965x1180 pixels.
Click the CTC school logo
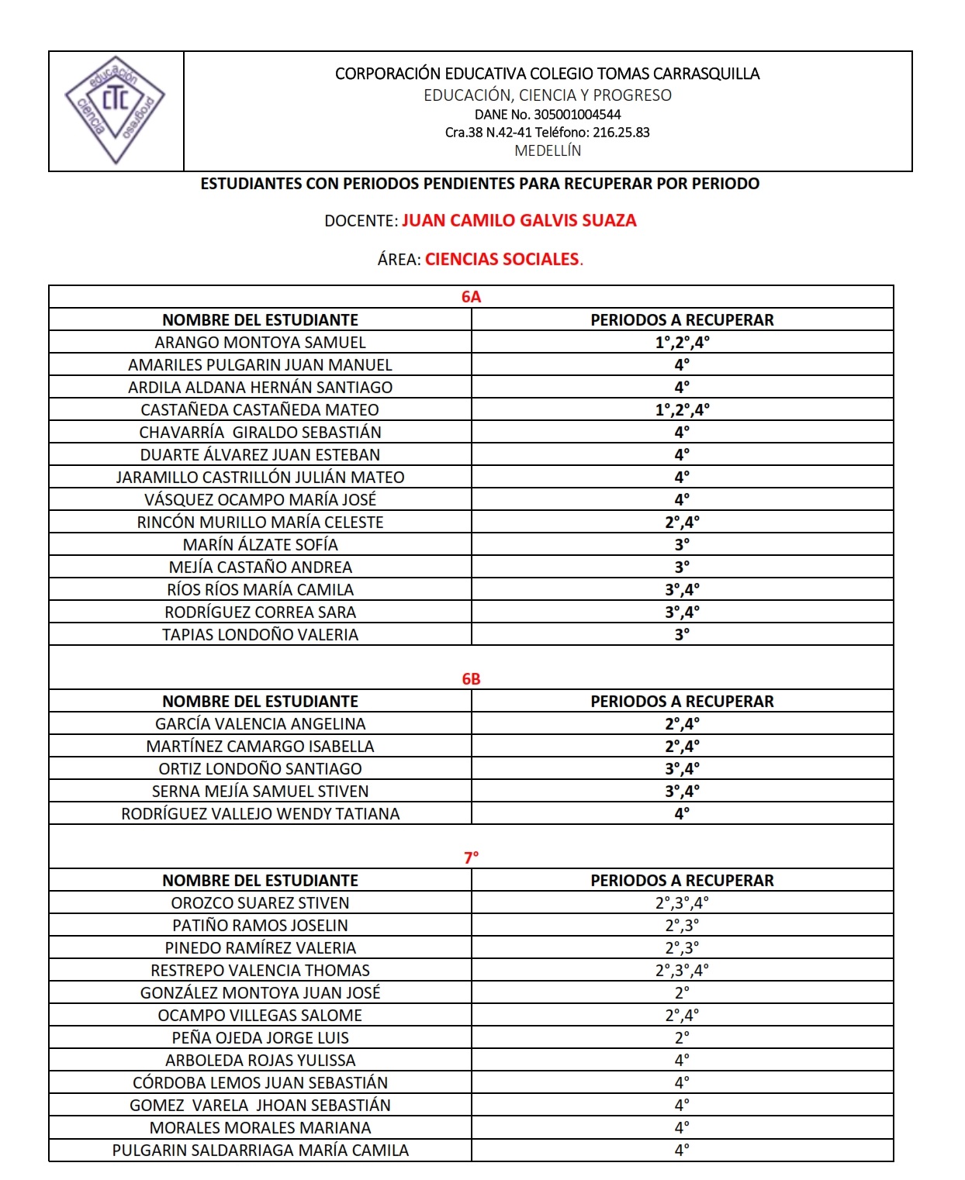[115, 109]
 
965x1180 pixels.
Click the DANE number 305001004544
[577, 115]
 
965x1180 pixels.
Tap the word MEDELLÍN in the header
[548, 151]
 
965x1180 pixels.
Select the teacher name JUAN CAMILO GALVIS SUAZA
[519, 221]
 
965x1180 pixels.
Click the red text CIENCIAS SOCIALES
[502, 260]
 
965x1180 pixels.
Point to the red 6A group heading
[471, 297]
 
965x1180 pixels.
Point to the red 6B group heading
[471, 679]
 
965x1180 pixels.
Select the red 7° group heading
[471, 858]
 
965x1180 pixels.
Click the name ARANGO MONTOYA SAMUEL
[260, 343]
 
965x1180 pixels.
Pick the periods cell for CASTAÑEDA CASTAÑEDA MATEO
[682, 410]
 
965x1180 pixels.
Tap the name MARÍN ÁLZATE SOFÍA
[260, 545]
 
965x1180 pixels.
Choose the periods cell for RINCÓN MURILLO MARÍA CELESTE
[682, 523]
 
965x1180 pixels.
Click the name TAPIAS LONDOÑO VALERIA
[260, 635]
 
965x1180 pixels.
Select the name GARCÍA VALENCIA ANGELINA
[260, 724]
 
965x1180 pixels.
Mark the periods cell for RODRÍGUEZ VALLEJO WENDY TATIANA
[682, 814]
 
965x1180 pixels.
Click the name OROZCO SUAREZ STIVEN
[260, 903]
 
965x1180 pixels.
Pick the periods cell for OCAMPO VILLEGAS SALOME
[682, 1016]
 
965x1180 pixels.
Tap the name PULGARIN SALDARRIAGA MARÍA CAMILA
[260, 1151]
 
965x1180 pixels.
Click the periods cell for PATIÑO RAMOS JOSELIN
[682, 926]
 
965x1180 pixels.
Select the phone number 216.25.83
[621, 133]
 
